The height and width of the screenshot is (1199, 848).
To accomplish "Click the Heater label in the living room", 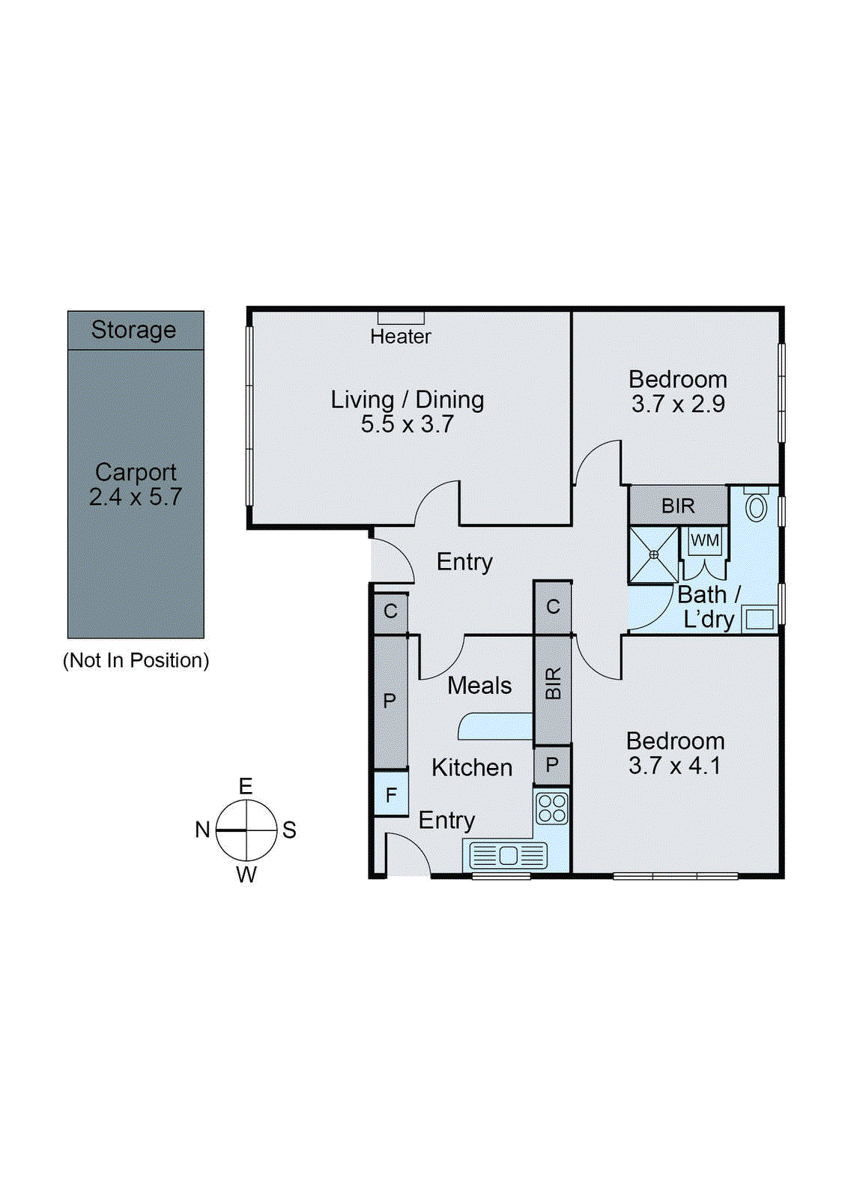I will pos(400,336).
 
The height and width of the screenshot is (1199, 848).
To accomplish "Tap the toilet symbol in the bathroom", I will pos(757,507).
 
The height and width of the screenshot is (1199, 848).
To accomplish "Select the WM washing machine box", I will pos(704,541).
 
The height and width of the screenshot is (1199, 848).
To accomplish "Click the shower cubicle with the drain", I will pos(653,555).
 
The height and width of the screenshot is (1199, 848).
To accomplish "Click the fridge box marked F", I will pos(391,795).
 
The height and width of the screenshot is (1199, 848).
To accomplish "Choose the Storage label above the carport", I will pos(133,330).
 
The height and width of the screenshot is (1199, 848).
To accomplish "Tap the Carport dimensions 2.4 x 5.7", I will pos(136,497).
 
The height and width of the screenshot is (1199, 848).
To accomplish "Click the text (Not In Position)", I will pos(136,660).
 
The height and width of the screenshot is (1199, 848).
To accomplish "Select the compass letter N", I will pos(202,830).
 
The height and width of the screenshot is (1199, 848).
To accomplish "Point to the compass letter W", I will pos(246,875).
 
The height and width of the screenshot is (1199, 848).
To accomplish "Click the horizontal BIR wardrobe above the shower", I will pos(678,506).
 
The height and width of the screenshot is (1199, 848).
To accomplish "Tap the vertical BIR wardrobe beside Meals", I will pos(553,683).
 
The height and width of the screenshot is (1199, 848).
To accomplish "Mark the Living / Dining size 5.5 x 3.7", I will pos(408,424).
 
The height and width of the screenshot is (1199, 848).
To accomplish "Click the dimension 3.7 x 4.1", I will pos(674,766).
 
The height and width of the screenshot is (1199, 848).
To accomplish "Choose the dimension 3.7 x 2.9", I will pos(678,404).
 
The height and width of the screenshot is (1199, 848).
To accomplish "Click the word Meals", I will pos(479,686).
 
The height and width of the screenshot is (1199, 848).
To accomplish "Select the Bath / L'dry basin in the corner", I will pos(760,620).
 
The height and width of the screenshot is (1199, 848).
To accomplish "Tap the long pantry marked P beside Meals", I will pos(390,701).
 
